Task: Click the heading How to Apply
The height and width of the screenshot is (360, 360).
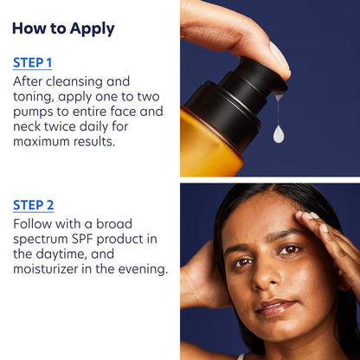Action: pyautogui.click(x=63, y=28)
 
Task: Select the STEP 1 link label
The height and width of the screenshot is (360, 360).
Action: pyautogui.click(x=33, y=62)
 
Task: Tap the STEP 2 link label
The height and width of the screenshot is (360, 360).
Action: pyautogui.click(x=34, y=205)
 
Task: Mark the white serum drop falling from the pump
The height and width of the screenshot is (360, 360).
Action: pyautogui.click(x=278, y=133)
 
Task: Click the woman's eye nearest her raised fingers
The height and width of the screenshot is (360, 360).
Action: pyautogui.click(x=292, y=249)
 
